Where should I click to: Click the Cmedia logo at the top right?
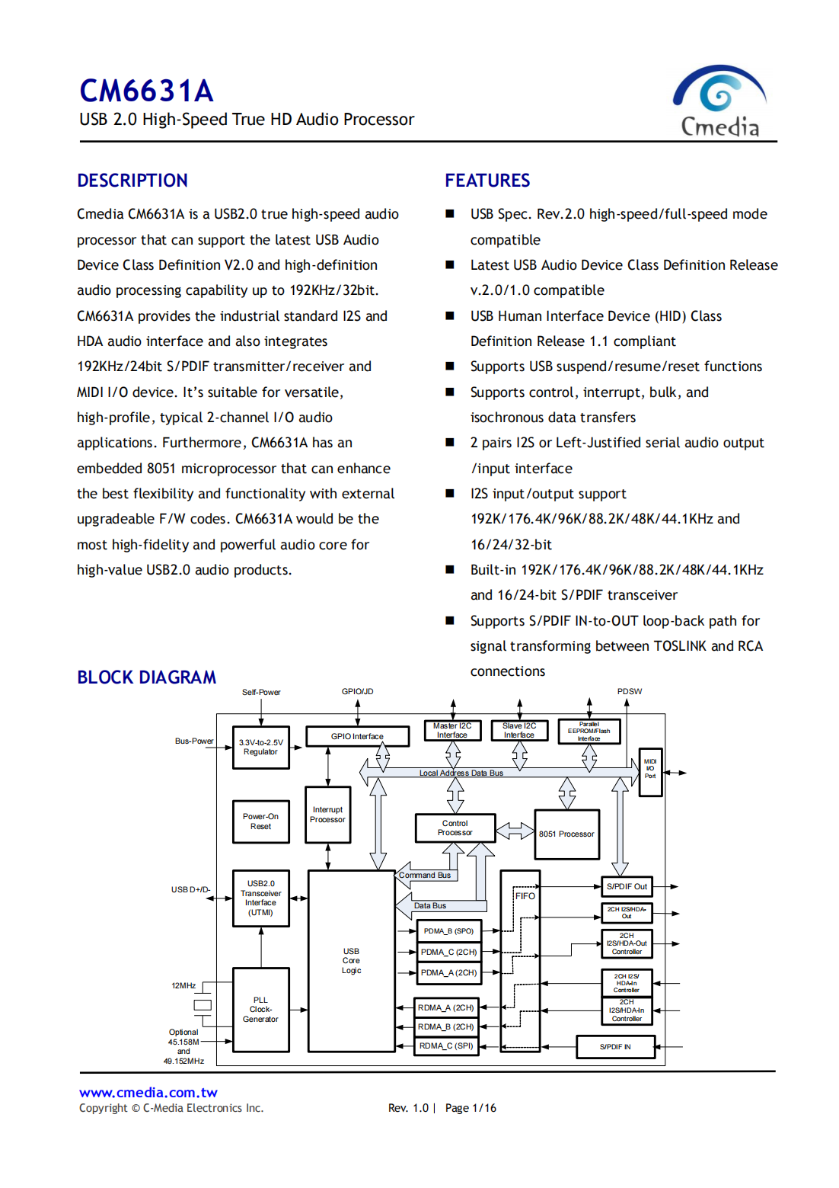coord(719,101)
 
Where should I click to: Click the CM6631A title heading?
coord(146,91)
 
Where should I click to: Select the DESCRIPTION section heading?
coord(132,181)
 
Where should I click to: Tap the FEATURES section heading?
coord(487,181)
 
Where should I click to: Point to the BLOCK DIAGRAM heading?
coord(146,677)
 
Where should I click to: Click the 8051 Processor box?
coord(566,834)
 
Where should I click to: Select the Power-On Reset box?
coord(260,821)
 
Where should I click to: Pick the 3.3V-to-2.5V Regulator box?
coord(260,747)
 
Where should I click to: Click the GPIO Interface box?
coord(357,736)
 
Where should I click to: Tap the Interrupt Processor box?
coord(327,815)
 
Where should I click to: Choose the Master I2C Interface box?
coord(452,731)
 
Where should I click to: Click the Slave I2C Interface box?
coord(519,731)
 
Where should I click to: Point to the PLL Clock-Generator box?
coord(260,1009)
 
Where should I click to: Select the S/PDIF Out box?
coord(627,886)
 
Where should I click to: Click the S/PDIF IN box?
coord(615,1047)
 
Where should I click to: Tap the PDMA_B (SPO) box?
coord(448,931)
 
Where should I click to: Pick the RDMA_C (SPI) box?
coord(446,1046)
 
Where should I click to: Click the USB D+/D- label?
coord(190,889)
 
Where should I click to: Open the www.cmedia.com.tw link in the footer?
coord(148,1093)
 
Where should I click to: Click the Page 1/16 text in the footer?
coord(471,1108)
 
